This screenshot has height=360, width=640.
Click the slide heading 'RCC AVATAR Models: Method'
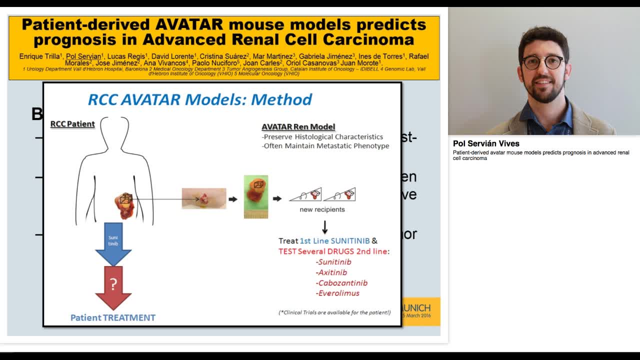[x=200, y=99]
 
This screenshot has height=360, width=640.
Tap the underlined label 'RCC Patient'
[x=72, y=124]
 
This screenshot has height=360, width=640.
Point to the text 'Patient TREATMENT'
[x=113, y=317]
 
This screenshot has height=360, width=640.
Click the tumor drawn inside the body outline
[x=123, y=205]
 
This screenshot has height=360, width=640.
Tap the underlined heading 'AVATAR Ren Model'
[x=298, y=127]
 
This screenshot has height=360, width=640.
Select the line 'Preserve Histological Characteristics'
[x=322, y=136]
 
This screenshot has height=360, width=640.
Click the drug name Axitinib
[x=331, y=272]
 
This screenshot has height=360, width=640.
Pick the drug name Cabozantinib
[x=342, y=283]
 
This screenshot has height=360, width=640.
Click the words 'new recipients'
[x=322, y=209]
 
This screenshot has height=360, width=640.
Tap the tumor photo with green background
[x=256, y=196]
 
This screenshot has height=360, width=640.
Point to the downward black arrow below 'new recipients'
[x=324, y=227]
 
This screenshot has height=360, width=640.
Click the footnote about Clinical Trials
[x=334, y=312]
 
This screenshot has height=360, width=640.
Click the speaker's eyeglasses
[x=542, y=62]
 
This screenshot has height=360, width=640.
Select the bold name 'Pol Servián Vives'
[x=486, y=143]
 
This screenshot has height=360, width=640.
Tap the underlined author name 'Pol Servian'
[x=84, y=56]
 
